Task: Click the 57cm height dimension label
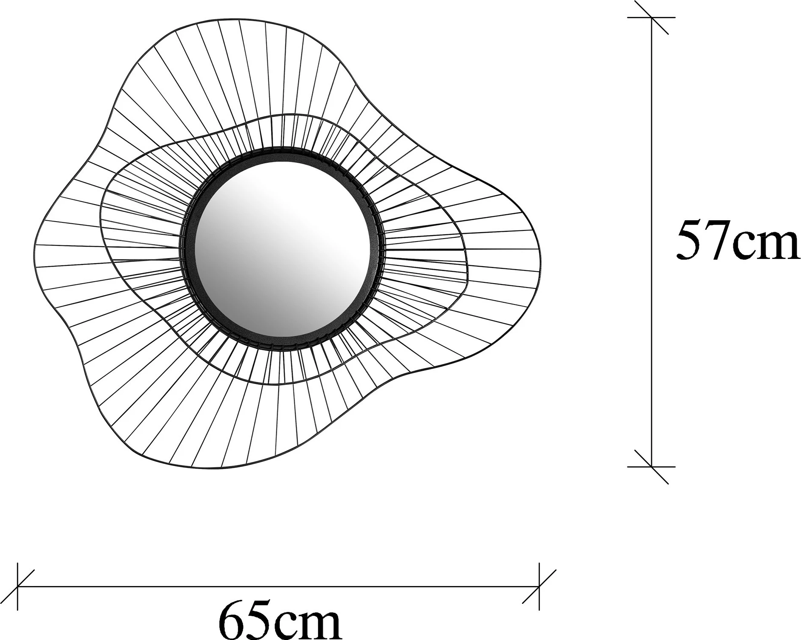point(738,240)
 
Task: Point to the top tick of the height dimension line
point(652,17)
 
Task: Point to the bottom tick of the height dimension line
point(652,466)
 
